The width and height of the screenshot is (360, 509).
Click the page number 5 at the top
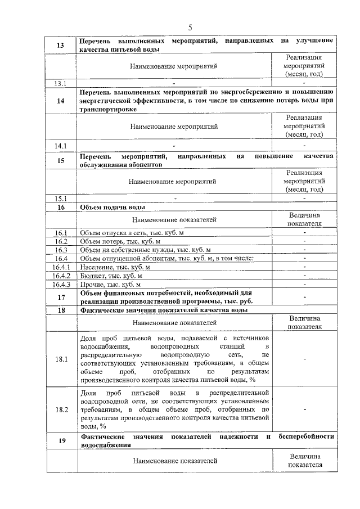[190, 28]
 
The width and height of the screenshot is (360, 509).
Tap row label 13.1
[61, 84]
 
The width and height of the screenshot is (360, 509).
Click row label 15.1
[61, 199]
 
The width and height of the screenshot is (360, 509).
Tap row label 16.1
[61, 233]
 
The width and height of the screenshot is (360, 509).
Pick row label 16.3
[61, 250]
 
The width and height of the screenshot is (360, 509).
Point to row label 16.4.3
[61, 285]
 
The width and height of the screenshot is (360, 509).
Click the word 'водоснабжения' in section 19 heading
[106, 444]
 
